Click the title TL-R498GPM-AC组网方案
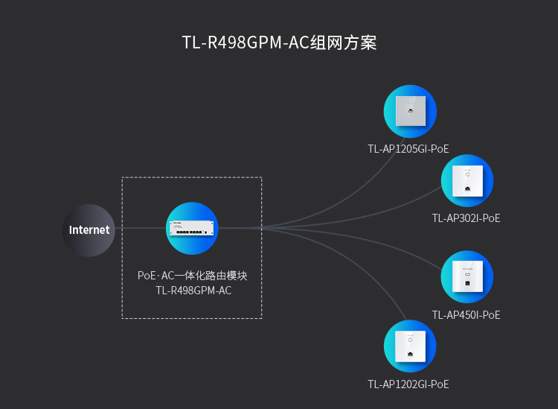(279, 42)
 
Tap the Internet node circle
(89, 230)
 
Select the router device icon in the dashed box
(192, 228)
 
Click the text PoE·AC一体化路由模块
(192, 276)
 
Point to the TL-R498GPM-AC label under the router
(193, 291)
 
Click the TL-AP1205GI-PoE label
(408, 148)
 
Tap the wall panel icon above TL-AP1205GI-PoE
(410, 111)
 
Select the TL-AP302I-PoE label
(466, 218)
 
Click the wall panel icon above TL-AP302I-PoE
(467, 180)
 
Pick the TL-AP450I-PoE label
(466, 315)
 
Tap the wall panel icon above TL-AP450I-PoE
(467, 276)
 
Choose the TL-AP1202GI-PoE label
(408, 384)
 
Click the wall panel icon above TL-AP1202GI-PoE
(410, 346)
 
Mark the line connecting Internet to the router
(141, 228)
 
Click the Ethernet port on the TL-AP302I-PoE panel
(467, 188)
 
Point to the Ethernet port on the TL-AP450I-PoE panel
(467, 284)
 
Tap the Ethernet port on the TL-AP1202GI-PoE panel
(410, 354)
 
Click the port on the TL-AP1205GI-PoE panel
(410, 110)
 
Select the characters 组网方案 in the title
(344, 42)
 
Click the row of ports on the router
(189, 232)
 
